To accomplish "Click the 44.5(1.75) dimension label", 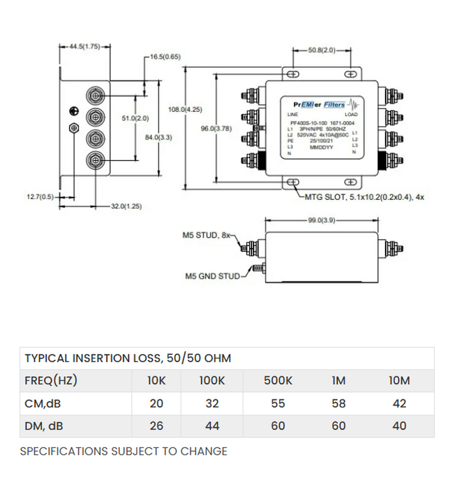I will (x=84, y=46).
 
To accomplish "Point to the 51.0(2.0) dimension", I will (x=135, y=119).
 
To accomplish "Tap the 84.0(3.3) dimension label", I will (x=159, y=137).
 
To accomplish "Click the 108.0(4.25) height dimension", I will (x=185, y=110).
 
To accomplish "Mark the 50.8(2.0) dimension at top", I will (x=321, y=50).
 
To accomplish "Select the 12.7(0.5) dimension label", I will (x=41, y=197).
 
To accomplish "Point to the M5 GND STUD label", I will (x=213, y=276).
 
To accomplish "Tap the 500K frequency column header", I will (x=278, y=381).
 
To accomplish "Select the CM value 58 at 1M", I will (x=339, y=403).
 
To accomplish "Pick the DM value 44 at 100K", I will (x=212, y=426).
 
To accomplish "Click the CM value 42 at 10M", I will (x=399, y=403).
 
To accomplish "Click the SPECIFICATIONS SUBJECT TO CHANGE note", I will (x=123, y=451).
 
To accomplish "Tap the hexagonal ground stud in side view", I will (x=73, y=128).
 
